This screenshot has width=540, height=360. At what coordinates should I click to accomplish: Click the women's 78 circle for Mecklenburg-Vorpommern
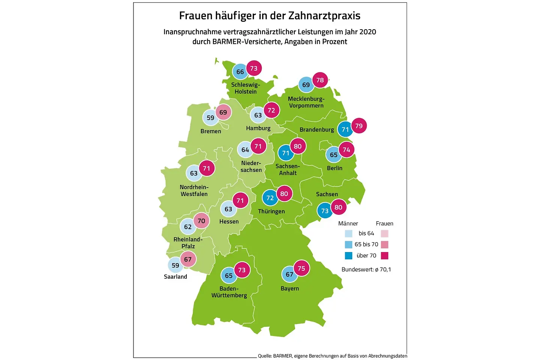[x=320, y=80]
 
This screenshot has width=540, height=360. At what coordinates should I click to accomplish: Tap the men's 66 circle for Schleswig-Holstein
[x=240, y=72]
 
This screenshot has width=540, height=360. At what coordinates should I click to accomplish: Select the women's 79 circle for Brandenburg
[x=359, y=126]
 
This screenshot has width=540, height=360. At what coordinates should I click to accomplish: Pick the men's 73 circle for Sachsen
[x=325, y=211]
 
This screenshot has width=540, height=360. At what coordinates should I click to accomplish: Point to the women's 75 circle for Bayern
[x=301, y=268]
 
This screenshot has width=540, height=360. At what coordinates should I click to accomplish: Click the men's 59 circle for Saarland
[x=175, y=265]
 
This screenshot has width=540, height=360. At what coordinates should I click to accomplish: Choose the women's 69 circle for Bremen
[x=223, y=112]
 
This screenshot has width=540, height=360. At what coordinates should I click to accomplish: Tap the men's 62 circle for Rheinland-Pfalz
[x=188, y=226]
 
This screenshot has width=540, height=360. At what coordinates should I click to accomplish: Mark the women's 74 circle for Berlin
[x=346, y=150]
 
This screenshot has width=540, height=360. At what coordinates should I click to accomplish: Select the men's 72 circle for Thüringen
[x=270, y=198]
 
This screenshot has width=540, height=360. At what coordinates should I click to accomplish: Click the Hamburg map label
[x=258, y=128]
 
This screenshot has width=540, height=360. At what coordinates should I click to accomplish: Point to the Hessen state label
[x=229, y=222]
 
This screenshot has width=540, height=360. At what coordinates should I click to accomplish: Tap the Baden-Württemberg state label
[x=229, y=292]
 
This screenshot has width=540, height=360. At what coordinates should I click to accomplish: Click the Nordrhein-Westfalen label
[x=194, y=190]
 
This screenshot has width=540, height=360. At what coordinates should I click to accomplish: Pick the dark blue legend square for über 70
[x=349, y=256]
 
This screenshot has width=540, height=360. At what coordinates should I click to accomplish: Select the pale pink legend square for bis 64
[x=384, y=234]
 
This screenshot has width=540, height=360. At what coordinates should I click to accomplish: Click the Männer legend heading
[x=348, y=223]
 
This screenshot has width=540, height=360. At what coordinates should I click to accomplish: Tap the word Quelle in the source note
[x=264, y=356]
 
